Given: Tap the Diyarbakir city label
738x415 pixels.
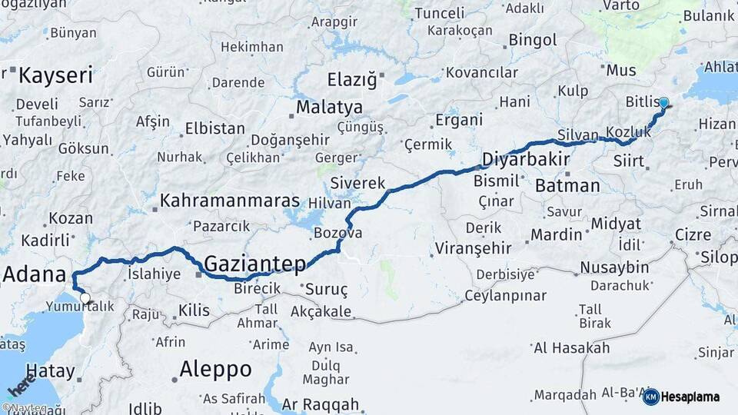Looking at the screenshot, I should [x=526, y=160].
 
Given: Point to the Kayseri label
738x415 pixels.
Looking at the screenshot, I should [x=55, y=75].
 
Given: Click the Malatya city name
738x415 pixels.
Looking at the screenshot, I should [x=329, y=106].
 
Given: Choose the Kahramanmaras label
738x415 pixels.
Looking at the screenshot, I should [x=229, y=201].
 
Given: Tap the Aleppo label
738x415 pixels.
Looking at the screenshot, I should [x=215, y=369].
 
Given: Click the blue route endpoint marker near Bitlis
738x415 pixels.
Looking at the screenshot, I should [x=663, y=102].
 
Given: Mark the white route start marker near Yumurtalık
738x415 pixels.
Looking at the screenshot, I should [x=85, y=298].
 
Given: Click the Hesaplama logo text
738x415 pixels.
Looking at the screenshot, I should [x=690, y=397].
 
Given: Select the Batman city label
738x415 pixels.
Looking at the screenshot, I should [x=567, y=185].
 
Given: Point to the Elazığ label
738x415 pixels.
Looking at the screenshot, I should [x=353, y=79].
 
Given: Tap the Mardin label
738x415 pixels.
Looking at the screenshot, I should [x=557, y=234].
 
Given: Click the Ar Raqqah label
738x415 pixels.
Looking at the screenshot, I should [x=320, y=404].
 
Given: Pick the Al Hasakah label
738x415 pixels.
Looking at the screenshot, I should [x=571, y=347].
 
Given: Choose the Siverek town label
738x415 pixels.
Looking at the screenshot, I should [x=357, y=184].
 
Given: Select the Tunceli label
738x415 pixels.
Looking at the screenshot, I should [x=440, y=13].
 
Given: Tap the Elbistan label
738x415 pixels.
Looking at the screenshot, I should [x=214, y=128].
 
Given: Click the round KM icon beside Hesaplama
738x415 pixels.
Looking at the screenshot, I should [x=650, y=397].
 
